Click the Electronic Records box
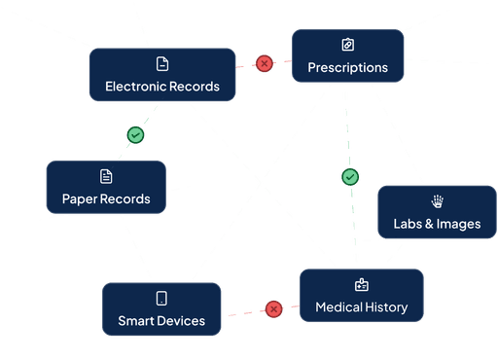pos(162,75)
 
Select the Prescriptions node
pos(347,56)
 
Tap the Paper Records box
pos(106,188)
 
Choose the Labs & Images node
pos(436,212)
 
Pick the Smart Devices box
pos(161,309)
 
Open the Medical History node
pos(361,296)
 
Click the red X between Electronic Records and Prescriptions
pos(265,63)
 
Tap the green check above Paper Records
pos(136,134)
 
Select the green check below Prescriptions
pos(350,177)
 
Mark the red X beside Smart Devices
pos(274,309)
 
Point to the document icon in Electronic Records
pos(162,63)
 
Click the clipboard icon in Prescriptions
pos(348,45)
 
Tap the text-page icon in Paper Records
pos(106,176)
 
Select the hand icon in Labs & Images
pos(437,200)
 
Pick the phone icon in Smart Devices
pos(161,298)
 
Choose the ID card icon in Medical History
pos(362,285)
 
